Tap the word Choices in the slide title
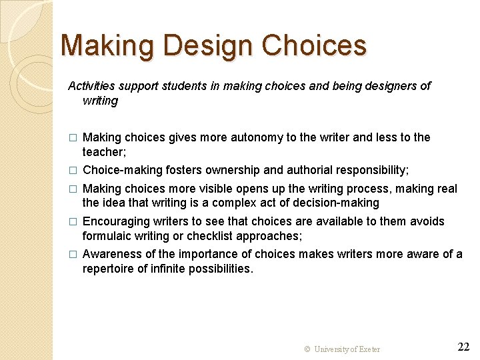click(x=314, y=46)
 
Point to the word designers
click(x=393, y=86)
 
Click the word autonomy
click(x=257, y=137)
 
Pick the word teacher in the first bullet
click(x=102, y=152)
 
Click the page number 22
click(x=464, y=347)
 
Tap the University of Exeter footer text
click(x=342, y=349)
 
